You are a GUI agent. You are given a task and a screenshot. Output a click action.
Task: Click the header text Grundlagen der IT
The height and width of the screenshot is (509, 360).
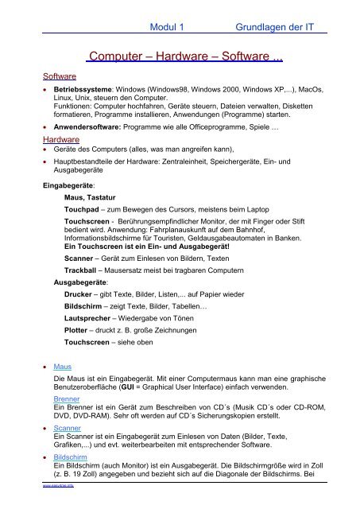tap(274, 27)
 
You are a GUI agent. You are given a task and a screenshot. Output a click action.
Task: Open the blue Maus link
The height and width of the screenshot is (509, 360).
tap(62, 367)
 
